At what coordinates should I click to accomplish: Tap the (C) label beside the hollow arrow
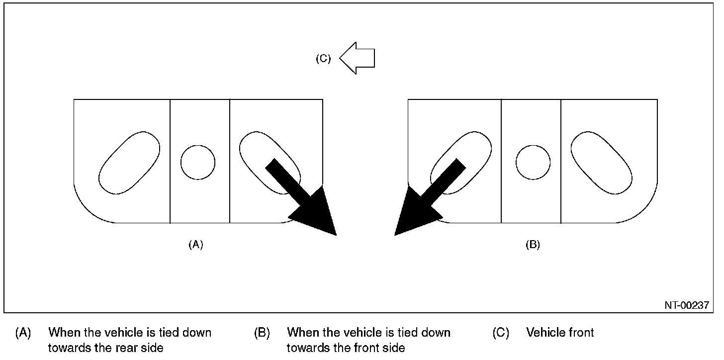pos(323,58)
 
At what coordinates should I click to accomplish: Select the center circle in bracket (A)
pos(198,163)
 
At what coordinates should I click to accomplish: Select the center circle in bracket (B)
pos(533,163)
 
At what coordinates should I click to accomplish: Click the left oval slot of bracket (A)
pos(130,163)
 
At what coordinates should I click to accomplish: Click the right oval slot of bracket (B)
pos(602,163)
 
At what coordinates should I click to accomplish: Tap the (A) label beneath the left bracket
pos(196,245)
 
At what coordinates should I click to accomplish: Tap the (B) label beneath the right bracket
pos(533,245)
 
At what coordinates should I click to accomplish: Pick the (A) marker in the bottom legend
pos(23,332)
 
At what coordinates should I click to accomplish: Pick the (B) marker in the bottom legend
pos(262,332)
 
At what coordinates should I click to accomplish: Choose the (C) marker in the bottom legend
pos(501,332)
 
